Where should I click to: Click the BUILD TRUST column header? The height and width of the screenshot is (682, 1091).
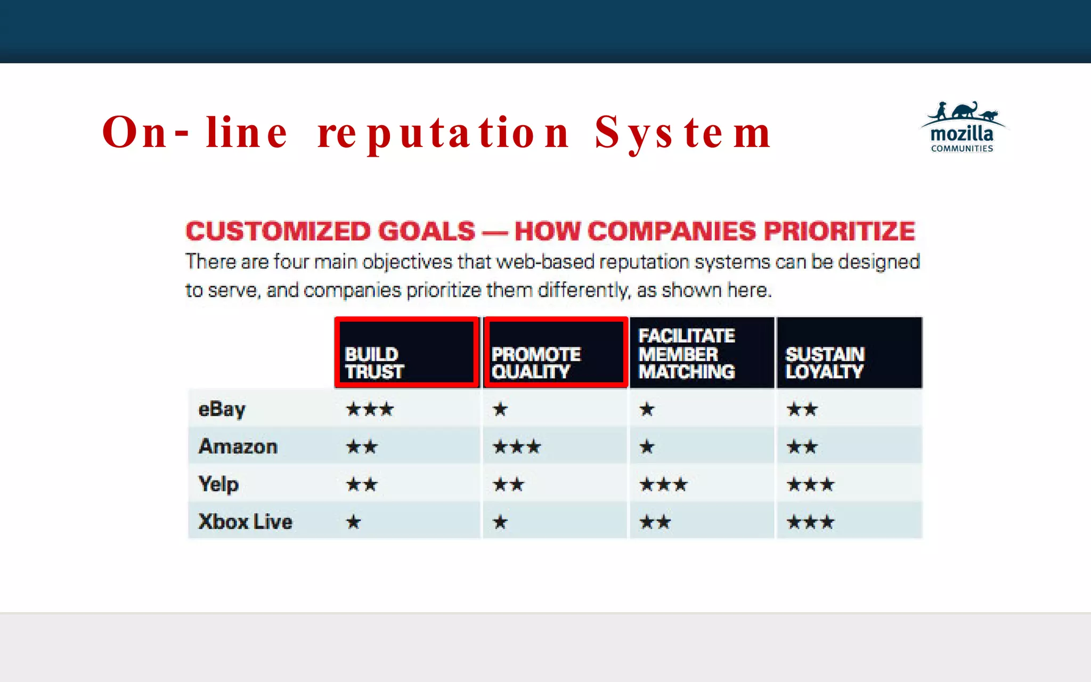(x=406, y=353)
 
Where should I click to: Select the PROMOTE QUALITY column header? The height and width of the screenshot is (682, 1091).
(x=555, y=353)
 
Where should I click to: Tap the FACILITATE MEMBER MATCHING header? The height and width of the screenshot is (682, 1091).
(x=701, y=353)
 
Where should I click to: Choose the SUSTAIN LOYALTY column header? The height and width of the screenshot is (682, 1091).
(x=849, y=353)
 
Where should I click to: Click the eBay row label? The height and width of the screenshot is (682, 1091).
(x=222, y=409)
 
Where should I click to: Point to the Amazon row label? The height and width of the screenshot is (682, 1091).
(x=238, y=446)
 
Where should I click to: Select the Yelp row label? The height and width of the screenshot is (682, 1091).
(x=218, y=484)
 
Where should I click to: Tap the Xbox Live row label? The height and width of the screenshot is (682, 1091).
(x=245, y=522)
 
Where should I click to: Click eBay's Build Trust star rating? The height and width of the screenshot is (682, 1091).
(x=370, y=409)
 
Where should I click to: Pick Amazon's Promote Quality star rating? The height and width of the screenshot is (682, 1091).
(x=517, y=446)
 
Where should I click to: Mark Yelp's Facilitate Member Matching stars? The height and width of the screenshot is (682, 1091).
(x=663, y=484)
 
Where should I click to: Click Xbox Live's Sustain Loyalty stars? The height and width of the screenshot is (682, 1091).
(x=810, y=522)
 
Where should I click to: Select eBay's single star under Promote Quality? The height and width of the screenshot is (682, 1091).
(x=500, y=409)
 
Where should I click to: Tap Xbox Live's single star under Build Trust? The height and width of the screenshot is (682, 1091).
(x=353, y=522)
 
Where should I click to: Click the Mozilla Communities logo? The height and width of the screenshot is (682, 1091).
(x=962, y=128)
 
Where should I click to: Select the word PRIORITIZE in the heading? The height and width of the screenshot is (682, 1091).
(x=839, y=231)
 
